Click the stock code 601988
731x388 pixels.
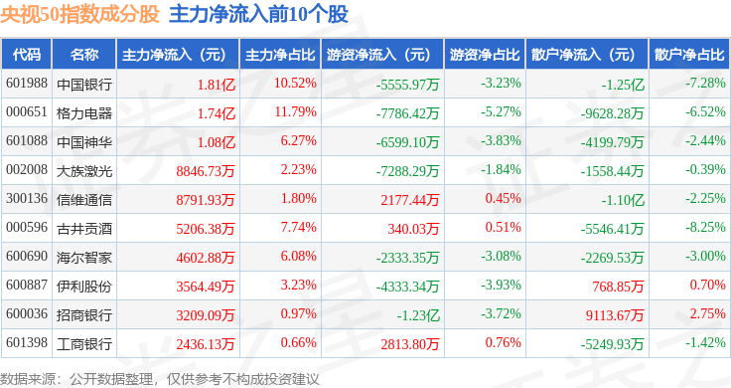point(27,84)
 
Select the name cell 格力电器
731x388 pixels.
point(84,113)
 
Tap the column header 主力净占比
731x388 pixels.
point(280,55)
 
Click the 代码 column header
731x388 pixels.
point(27,55)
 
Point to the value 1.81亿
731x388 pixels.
point(217,85)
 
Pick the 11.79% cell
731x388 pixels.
point(296,112)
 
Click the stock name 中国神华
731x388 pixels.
point(84,142)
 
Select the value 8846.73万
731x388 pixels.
point(206,171)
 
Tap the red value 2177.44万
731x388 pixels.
point(410,200)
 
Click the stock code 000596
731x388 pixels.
point(27,228)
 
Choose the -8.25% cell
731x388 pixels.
point(705,228)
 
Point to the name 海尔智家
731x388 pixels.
point(84,258)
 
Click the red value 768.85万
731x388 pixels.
point(618,287)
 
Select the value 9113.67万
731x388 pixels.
point(615,315)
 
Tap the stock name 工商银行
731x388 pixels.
point(84,344)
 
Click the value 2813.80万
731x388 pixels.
point(410,344)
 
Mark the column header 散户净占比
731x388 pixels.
point(689,55)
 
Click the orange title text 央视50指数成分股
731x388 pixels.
point(79,15)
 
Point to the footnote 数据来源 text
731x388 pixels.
point(28,379)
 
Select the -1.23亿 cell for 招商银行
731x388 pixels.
point(418,315)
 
